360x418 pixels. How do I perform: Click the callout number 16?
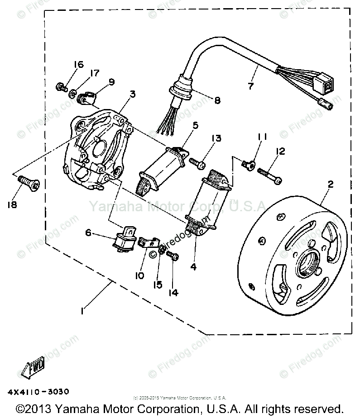coord(78,65)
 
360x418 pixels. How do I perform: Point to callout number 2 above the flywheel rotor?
coord(331,184)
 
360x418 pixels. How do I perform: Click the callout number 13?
coord(216,138)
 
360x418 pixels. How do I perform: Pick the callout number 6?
coord(88,233)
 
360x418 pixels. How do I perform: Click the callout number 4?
coord(193,266)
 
